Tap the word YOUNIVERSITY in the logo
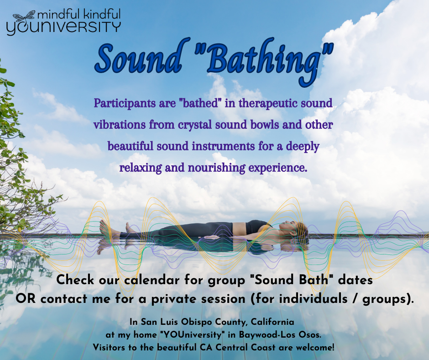point(63,28)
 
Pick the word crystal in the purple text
point(195,125)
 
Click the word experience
point(277,168)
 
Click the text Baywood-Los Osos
point(280,334)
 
